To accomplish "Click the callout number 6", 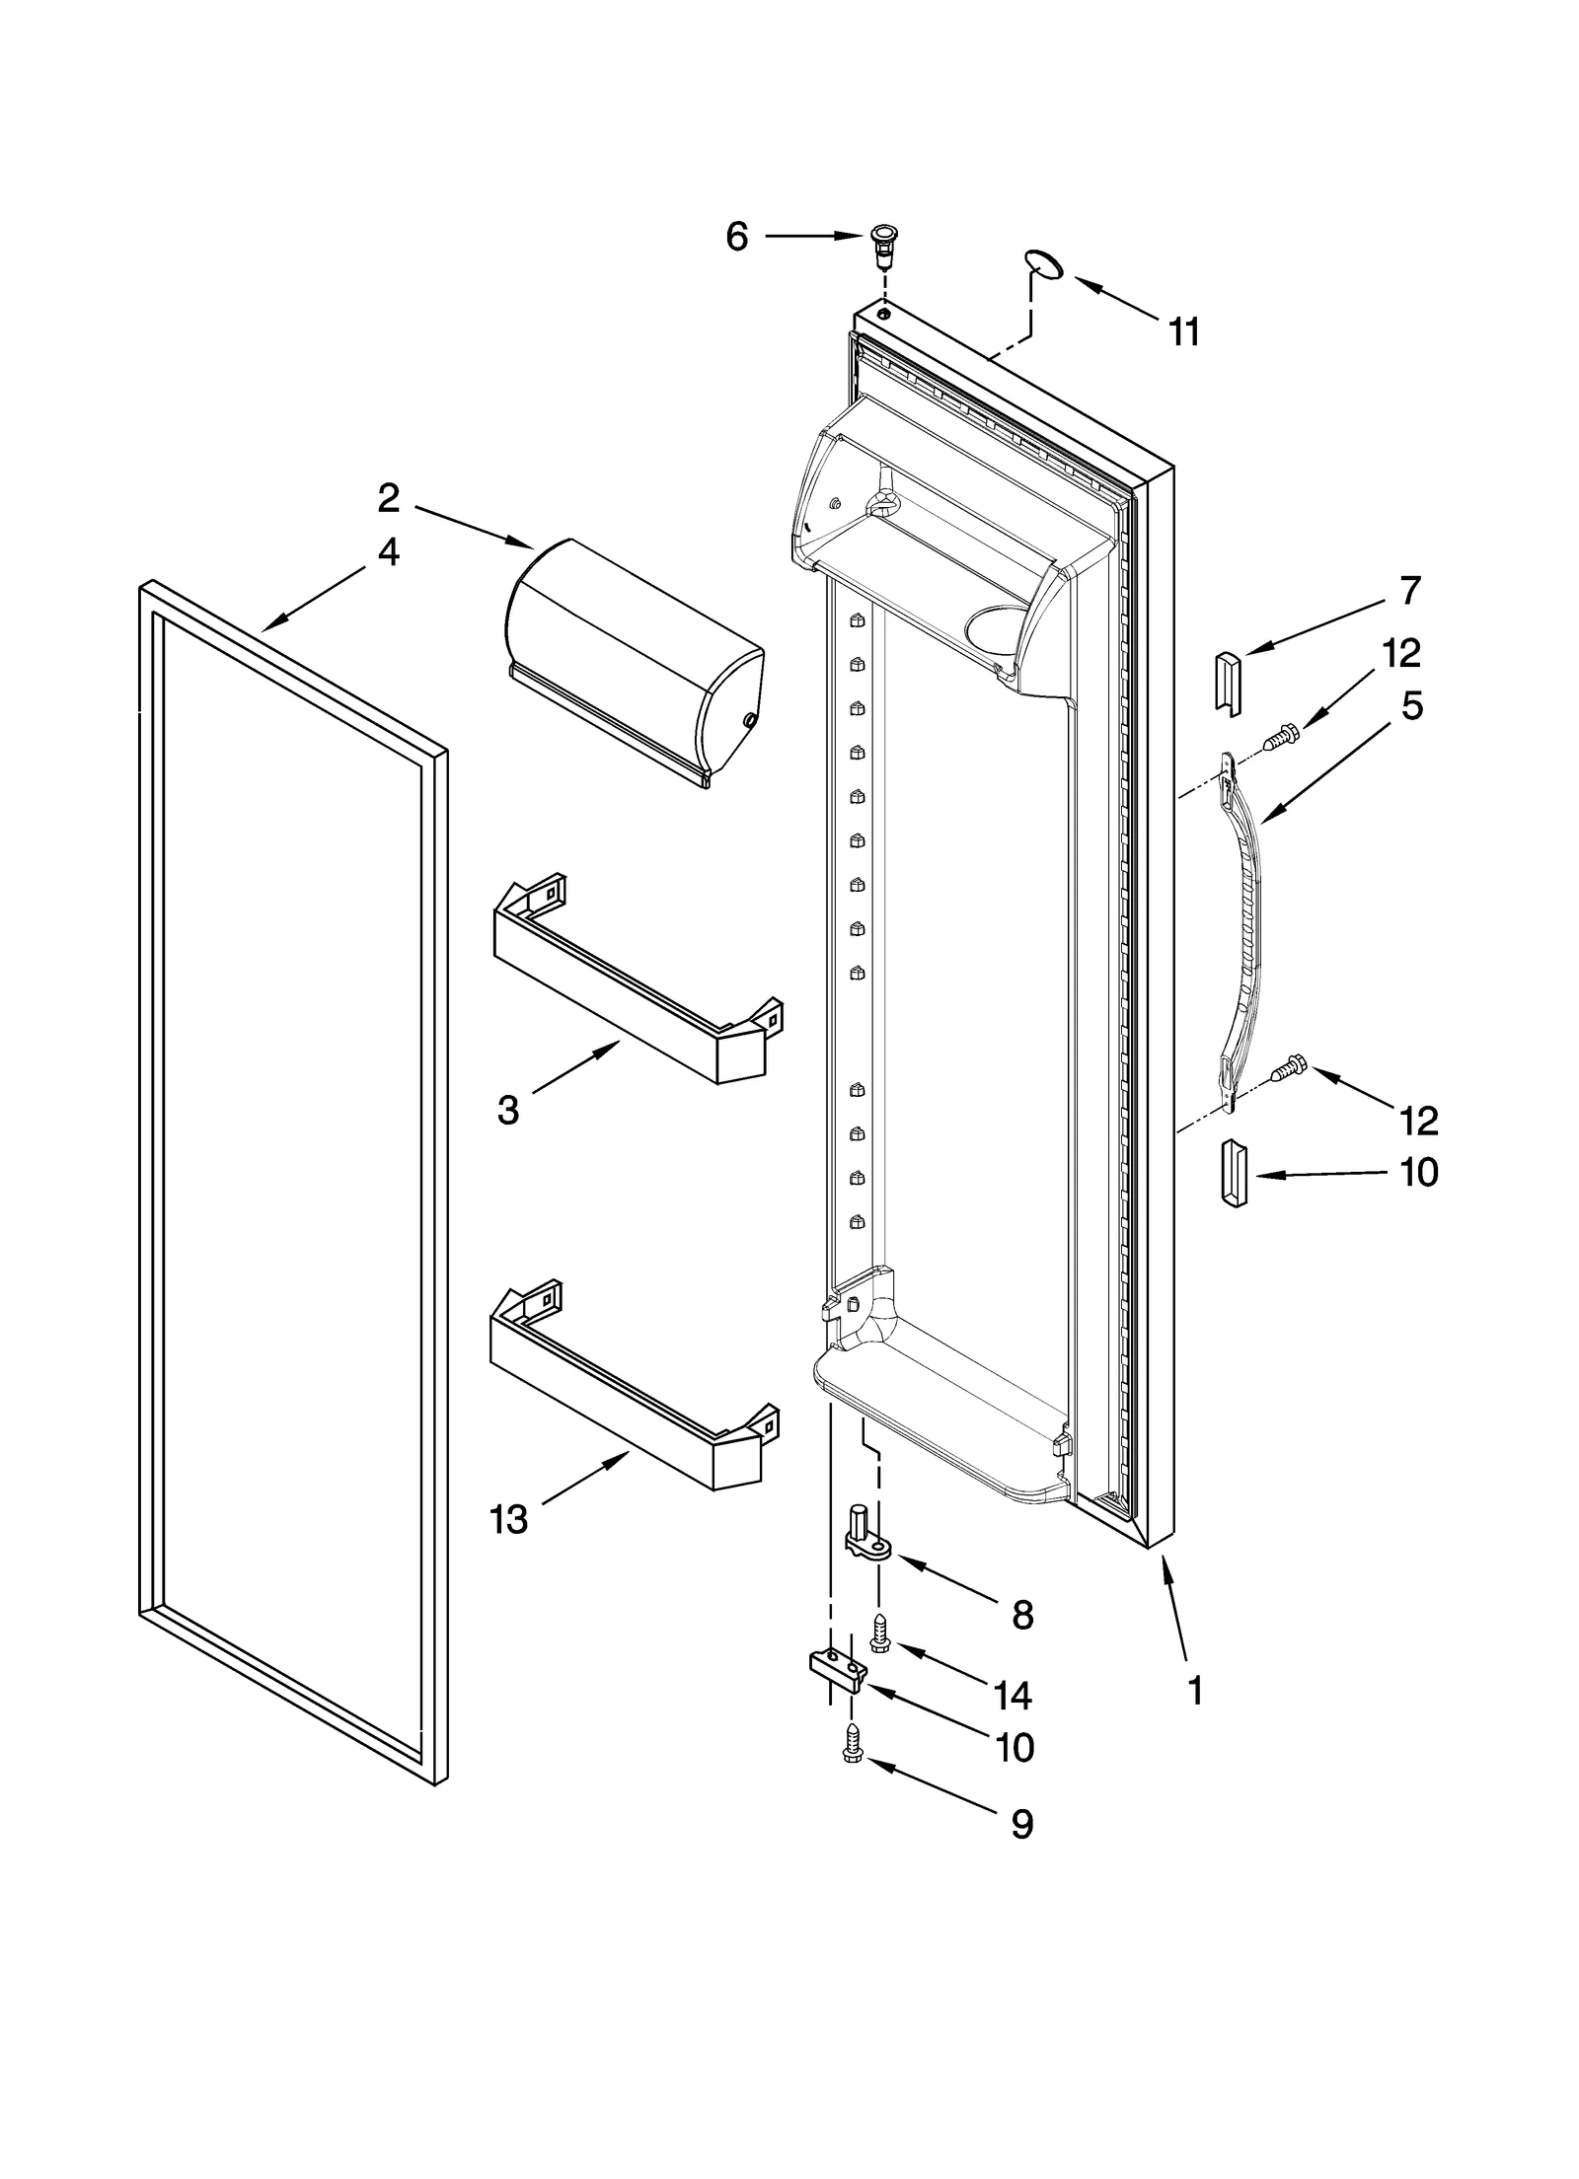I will point(737,237).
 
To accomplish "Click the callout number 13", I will point(508,1520).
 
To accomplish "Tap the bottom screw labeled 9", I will point(850,1766).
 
